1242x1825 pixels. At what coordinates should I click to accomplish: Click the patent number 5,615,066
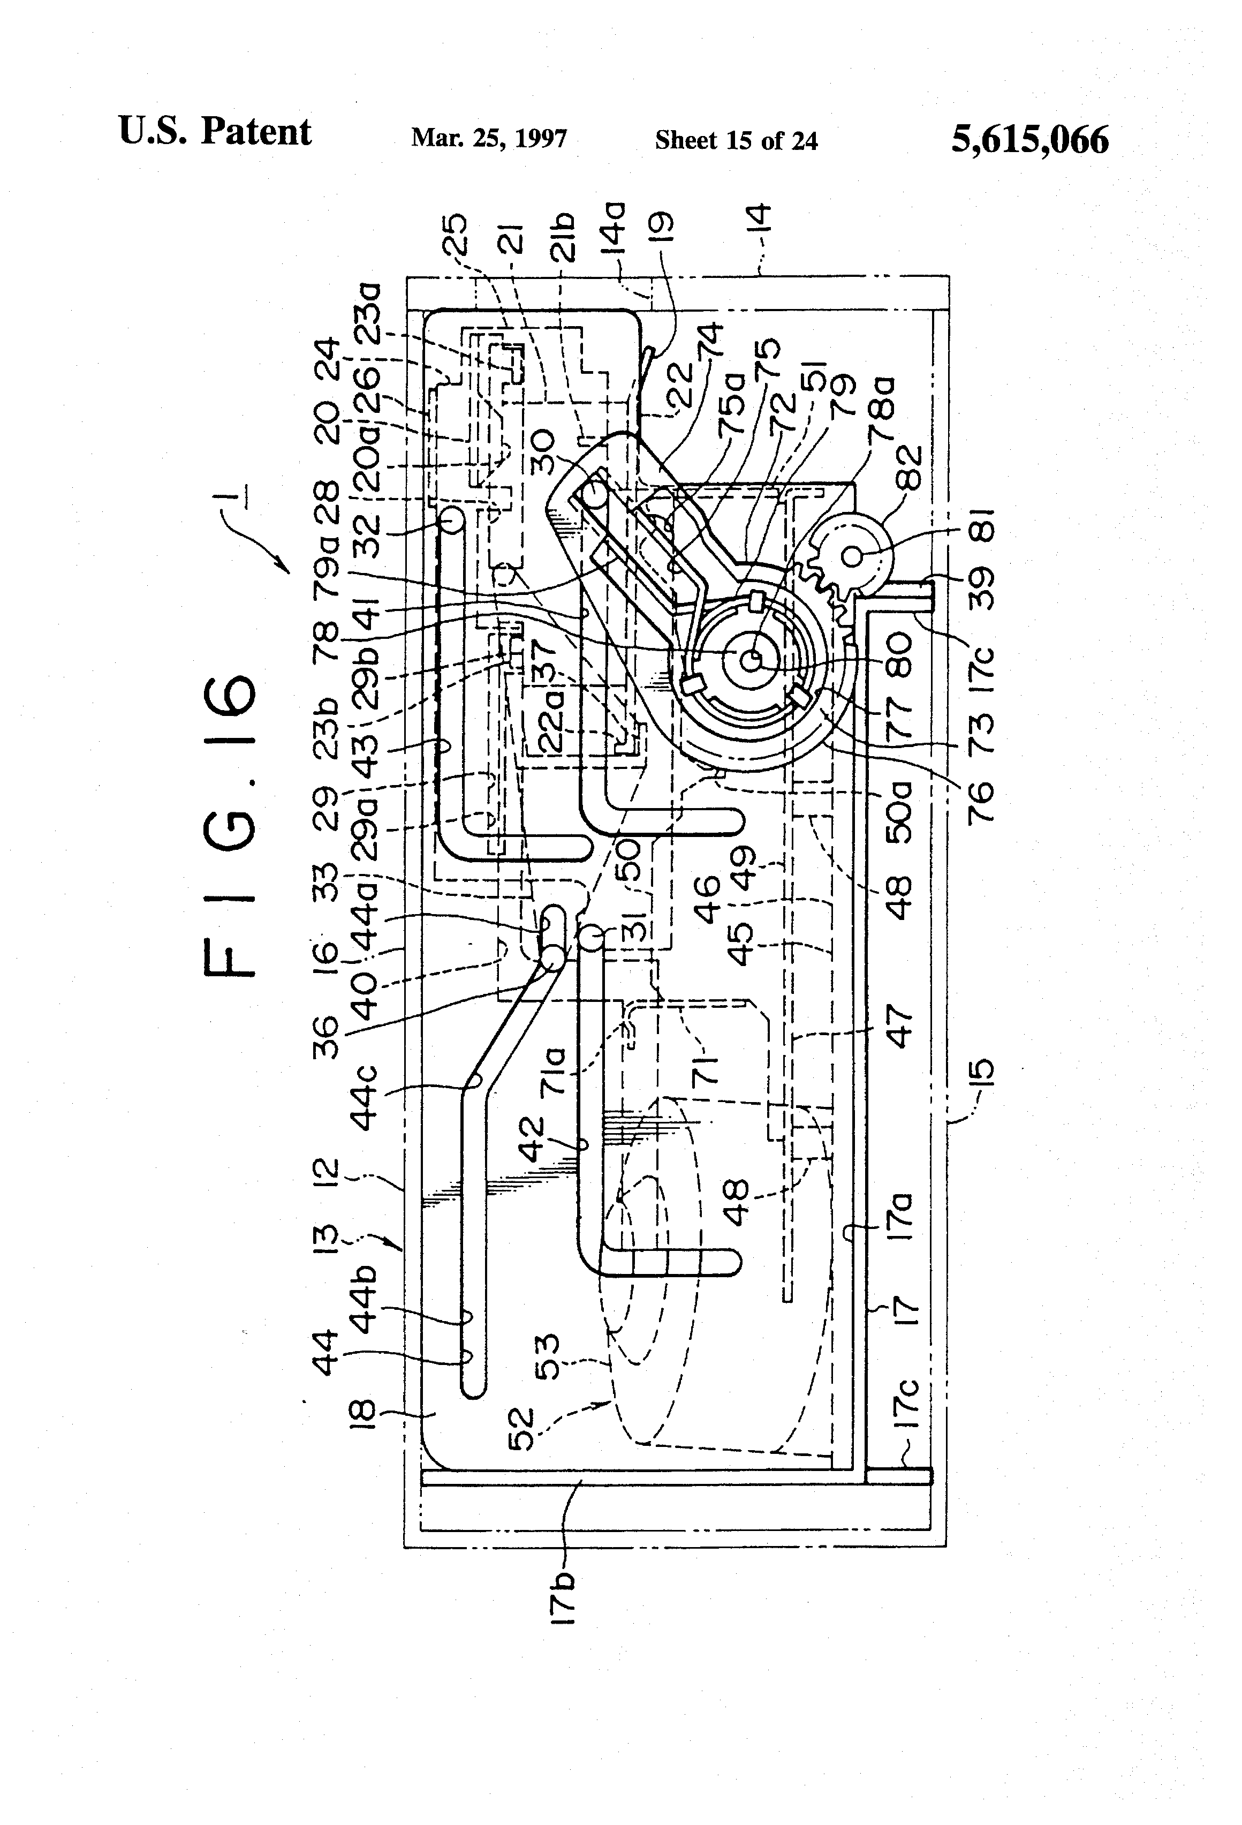(1029, 140)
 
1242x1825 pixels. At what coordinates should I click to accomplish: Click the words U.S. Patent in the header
(214, 132)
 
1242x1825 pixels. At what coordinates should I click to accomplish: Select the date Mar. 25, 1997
(488, 139)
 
